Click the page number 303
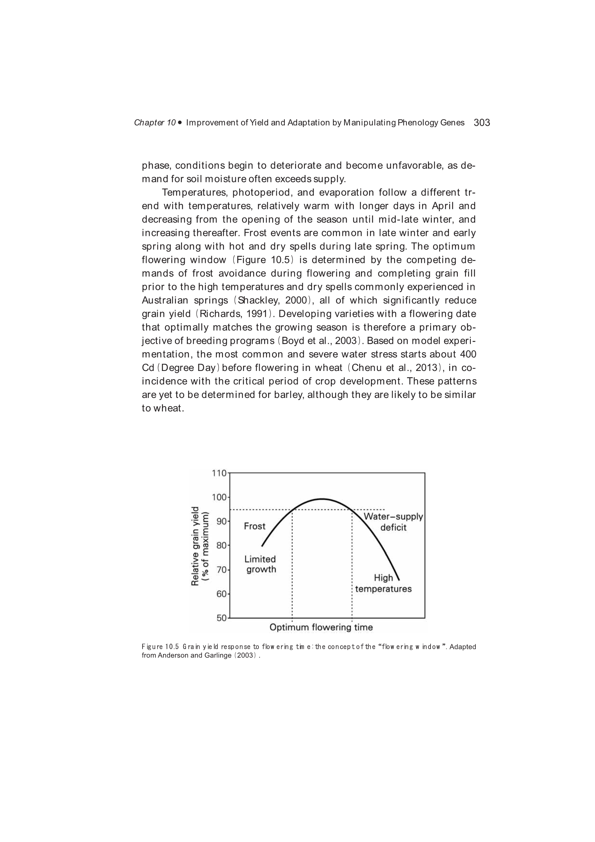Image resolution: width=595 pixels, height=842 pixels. pos(482,122)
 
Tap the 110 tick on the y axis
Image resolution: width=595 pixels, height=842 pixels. pos(219,473)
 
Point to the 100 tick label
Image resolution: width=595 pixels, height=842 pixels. pos(219,497)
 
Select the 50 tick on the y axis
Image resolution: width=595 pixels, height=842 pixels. pos(221,618)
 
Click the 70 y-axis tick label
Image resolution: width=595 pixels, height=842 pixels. pos(221,570)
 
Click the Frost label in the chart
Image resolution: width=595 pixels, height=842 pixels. pos(254,526)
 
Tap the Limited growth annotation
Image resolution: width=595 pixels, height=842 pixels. pos(260,564)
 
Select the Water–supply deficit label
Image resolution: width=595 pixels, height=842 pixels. pos(393,522)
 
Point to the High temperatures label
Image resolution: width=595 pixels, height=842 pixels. pos(383,583)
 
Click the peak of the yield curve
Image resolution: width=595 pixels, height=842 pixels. pos(321,499)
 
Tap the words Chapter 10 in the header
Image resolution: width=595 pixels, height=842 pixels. pos(155,123)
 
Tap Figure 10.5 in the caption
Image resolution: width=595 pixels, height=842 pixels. pos(160,646)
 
